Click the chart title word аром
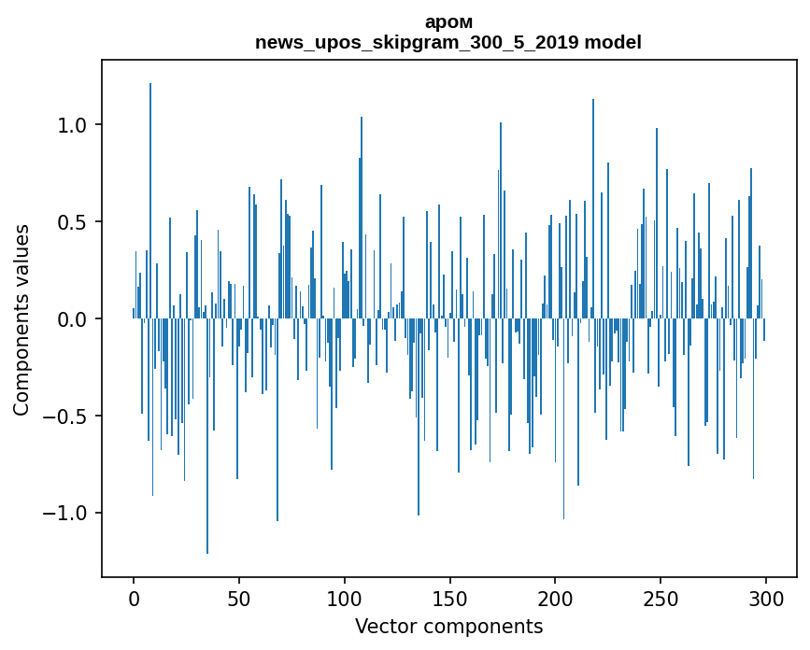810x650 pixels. (x=448, y=22)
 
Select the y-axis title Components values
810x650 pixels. (x=21, y=319)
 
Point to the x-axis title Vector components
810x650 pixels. (x=448, y=626)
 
